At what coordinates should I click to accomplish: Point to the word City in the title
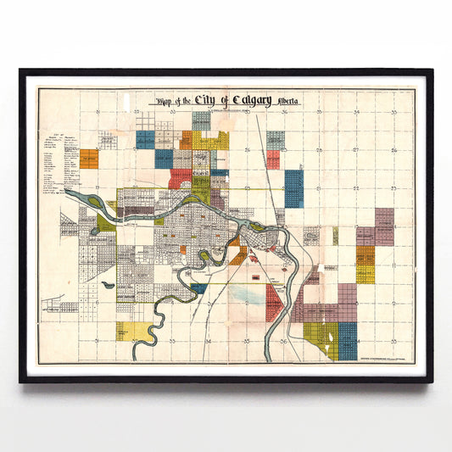point(204,101)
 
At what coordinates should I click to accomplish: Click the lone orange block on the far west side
point(89,159)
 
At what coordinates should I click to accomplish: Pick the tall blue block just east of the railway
point(293,188)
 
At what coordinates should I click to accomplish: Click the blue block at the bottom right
point(348,340)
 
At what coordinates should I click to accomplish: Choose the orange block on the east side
point(365,254)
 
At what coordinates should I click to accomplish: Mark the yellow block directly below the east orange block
point(365,274)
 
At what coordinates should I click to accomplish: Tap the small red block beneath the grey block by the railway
point(273,159)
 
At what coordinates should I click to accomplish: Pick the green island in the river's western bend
point(106,222)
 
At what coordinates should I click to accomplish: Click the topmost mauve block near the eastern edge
point(384,226)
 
